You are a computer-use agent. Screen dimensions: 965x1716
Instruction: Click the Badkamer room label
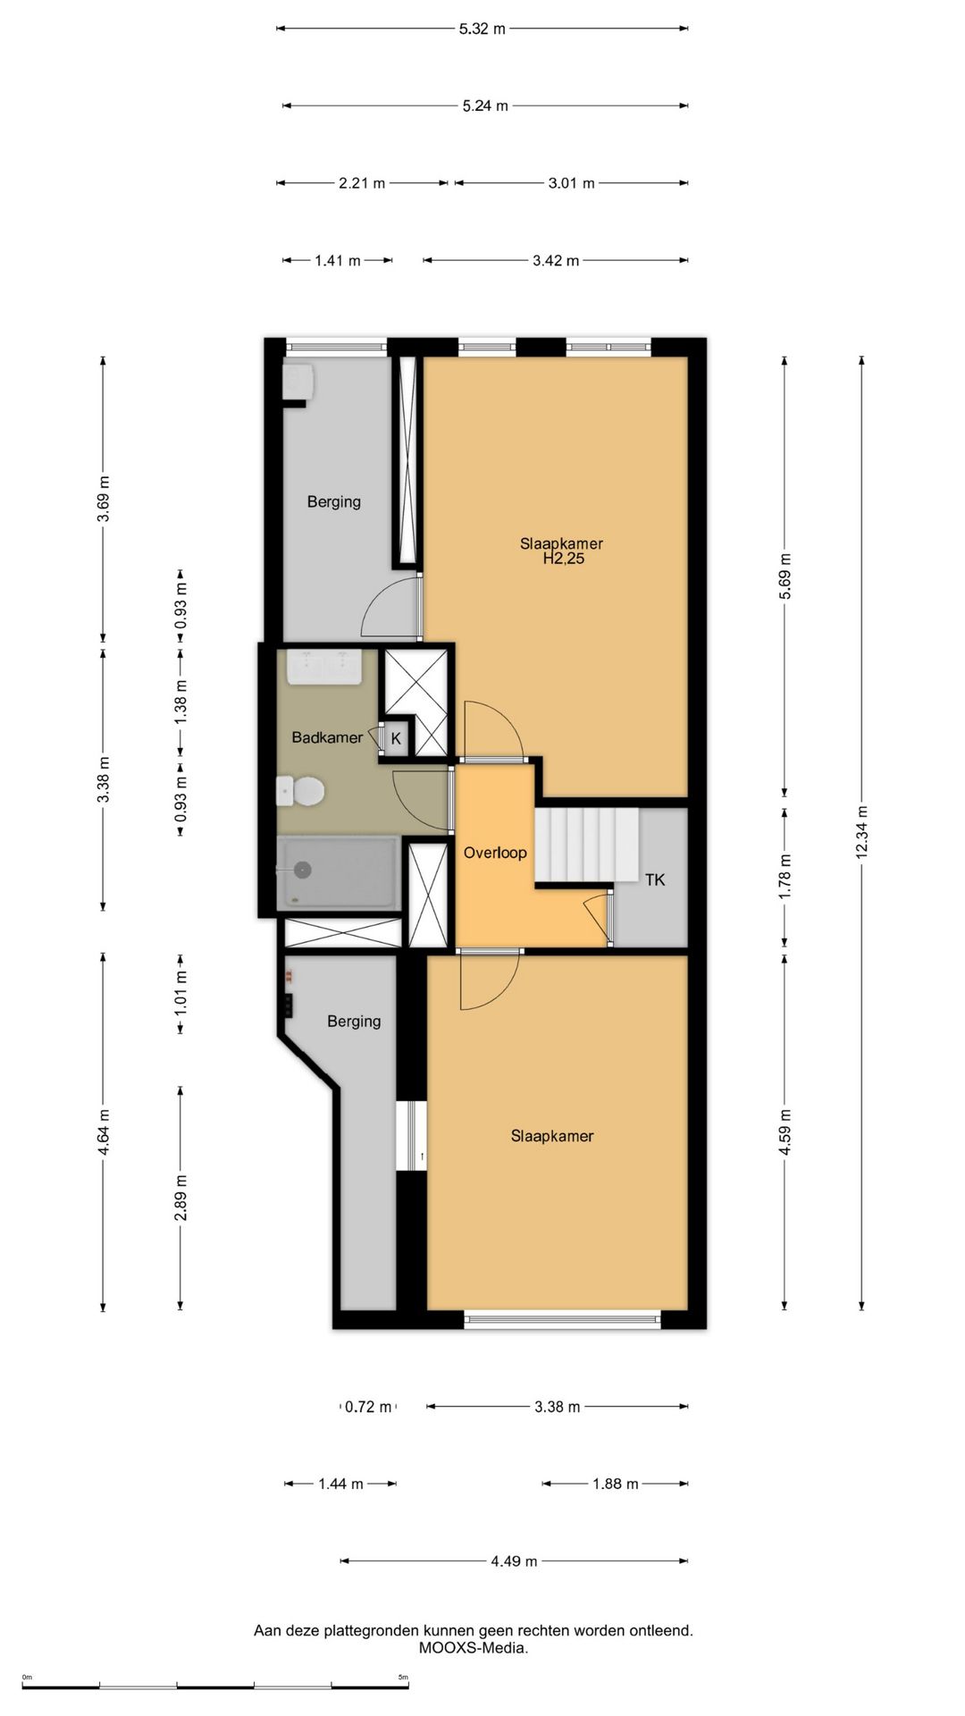click(327, 737)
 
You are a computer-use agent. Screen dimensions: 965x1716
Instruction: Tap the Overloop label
click(495, 853)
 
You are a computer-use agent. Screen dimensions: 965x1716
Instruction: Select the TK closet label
click(655, 879)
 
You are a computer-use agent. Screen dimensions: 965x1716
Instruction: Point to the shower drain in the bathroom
click(303, 869)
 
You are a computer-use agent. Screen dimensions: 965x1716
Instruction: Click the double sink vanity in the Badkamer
click(324, 667)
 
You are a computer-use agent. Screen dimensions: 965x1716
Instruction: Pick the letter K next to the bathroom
click(396, 739)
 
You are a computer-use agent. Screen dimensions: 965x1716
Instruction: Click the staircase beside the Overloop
click(586, 845)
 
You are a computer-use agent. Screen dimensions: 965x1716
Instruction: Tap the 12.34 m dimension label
click(861, 832)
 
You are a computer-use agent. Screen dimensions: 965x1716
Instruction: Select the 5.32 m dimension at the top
click(482, 29)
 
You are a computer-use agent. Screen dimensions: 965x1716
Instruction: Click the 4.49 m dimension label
click(514, 1561)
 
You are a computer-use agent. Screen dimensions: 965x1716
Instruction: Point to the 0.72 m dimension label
click(368, 1407)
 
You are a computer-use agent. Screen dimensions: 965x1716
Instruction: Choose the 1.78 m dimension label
click(785, 877)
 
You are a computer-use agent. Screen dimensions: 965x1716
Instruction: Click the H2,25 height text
click(564, 559)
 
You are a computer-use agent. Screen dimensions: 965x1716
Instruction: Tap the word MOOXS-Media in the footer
click(473, 1647)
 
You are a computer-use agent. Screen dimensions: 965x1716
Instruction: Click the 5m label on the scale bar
click(403, 1677)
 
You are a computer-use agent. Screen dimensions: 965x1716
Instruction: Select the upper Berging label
click(334, 502)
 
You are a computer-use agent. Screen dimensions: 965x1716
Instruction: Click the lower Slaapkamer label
click(552, 1136)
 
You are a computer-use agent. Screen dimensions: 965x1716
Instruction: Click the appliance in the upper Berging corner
click(298, 381)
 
